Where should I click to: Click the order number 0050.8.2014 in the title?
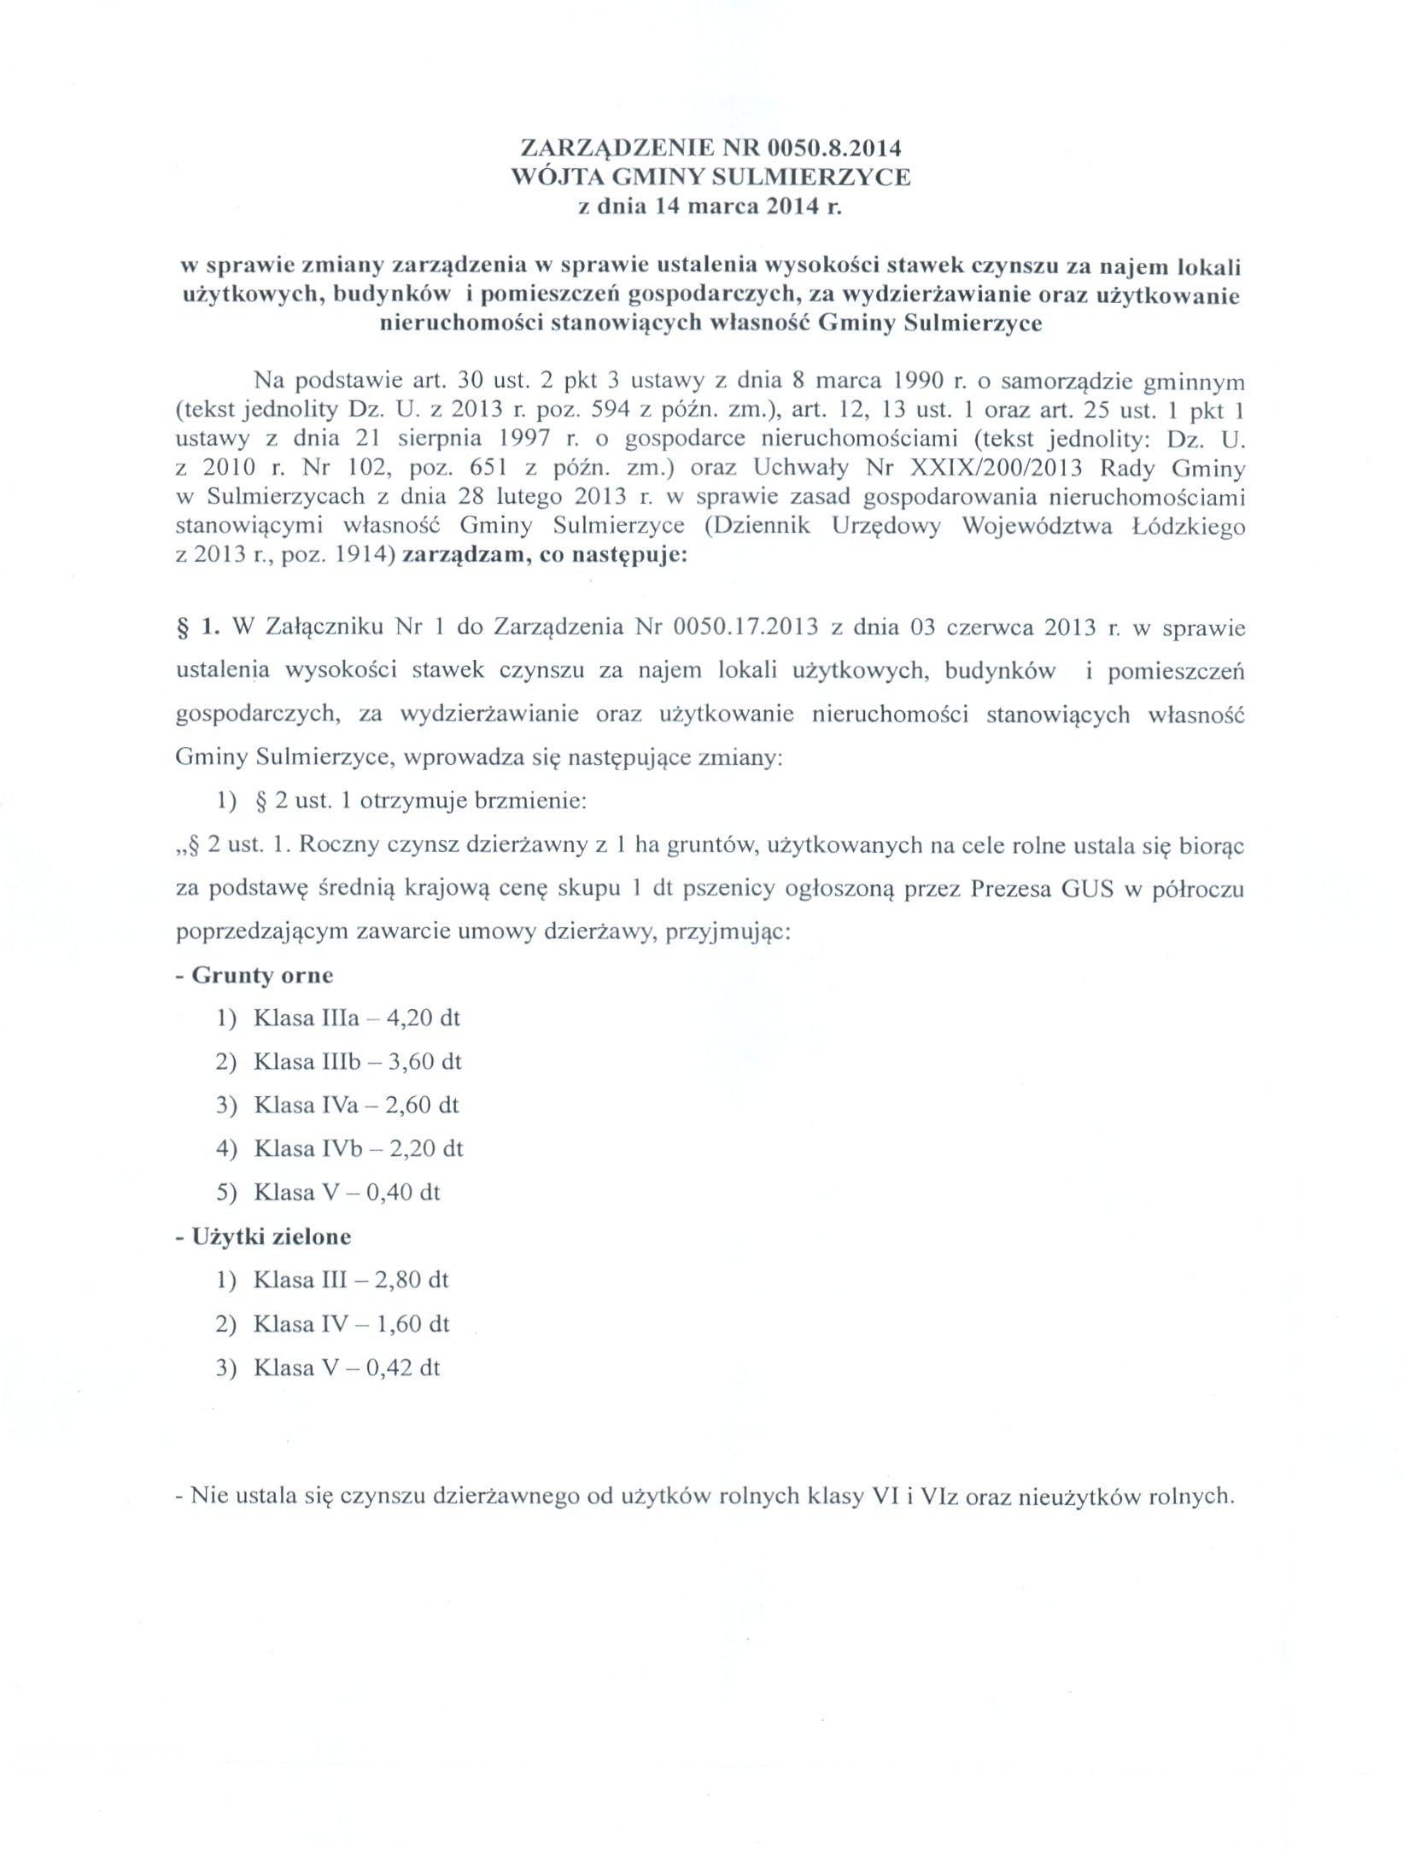pyautogui.click(x=834, y=149)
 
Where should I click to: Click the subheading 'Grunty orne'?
pyautogui.click(x=262, y=975)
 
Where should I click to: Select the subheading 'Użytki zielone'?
pyautogui.click(x=272, y=1236)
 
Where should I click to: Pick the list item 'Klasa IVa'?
pyautogui.click(x=293, y=1106)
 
